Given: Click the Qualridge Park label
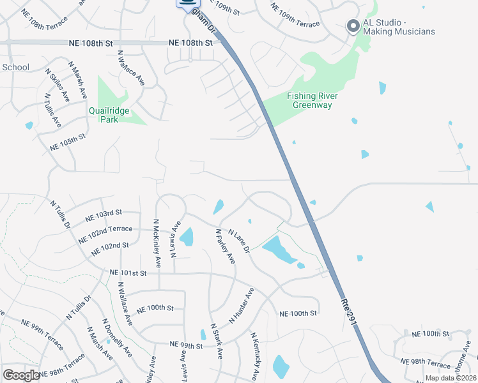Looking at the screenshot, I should [109, 115].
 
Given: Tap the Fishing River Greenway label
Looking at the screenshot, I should [312, 100].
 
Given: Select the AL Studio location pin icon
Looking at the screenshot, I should [352, 26].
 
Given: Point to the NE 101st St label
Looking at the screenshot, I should [128, 273].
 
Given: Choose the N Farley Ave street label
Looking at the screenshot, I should [225, 246].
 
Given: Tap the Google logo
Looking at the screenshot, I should [21, 375].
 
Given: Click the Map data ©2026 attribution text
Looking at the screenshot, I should [451, 378].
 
